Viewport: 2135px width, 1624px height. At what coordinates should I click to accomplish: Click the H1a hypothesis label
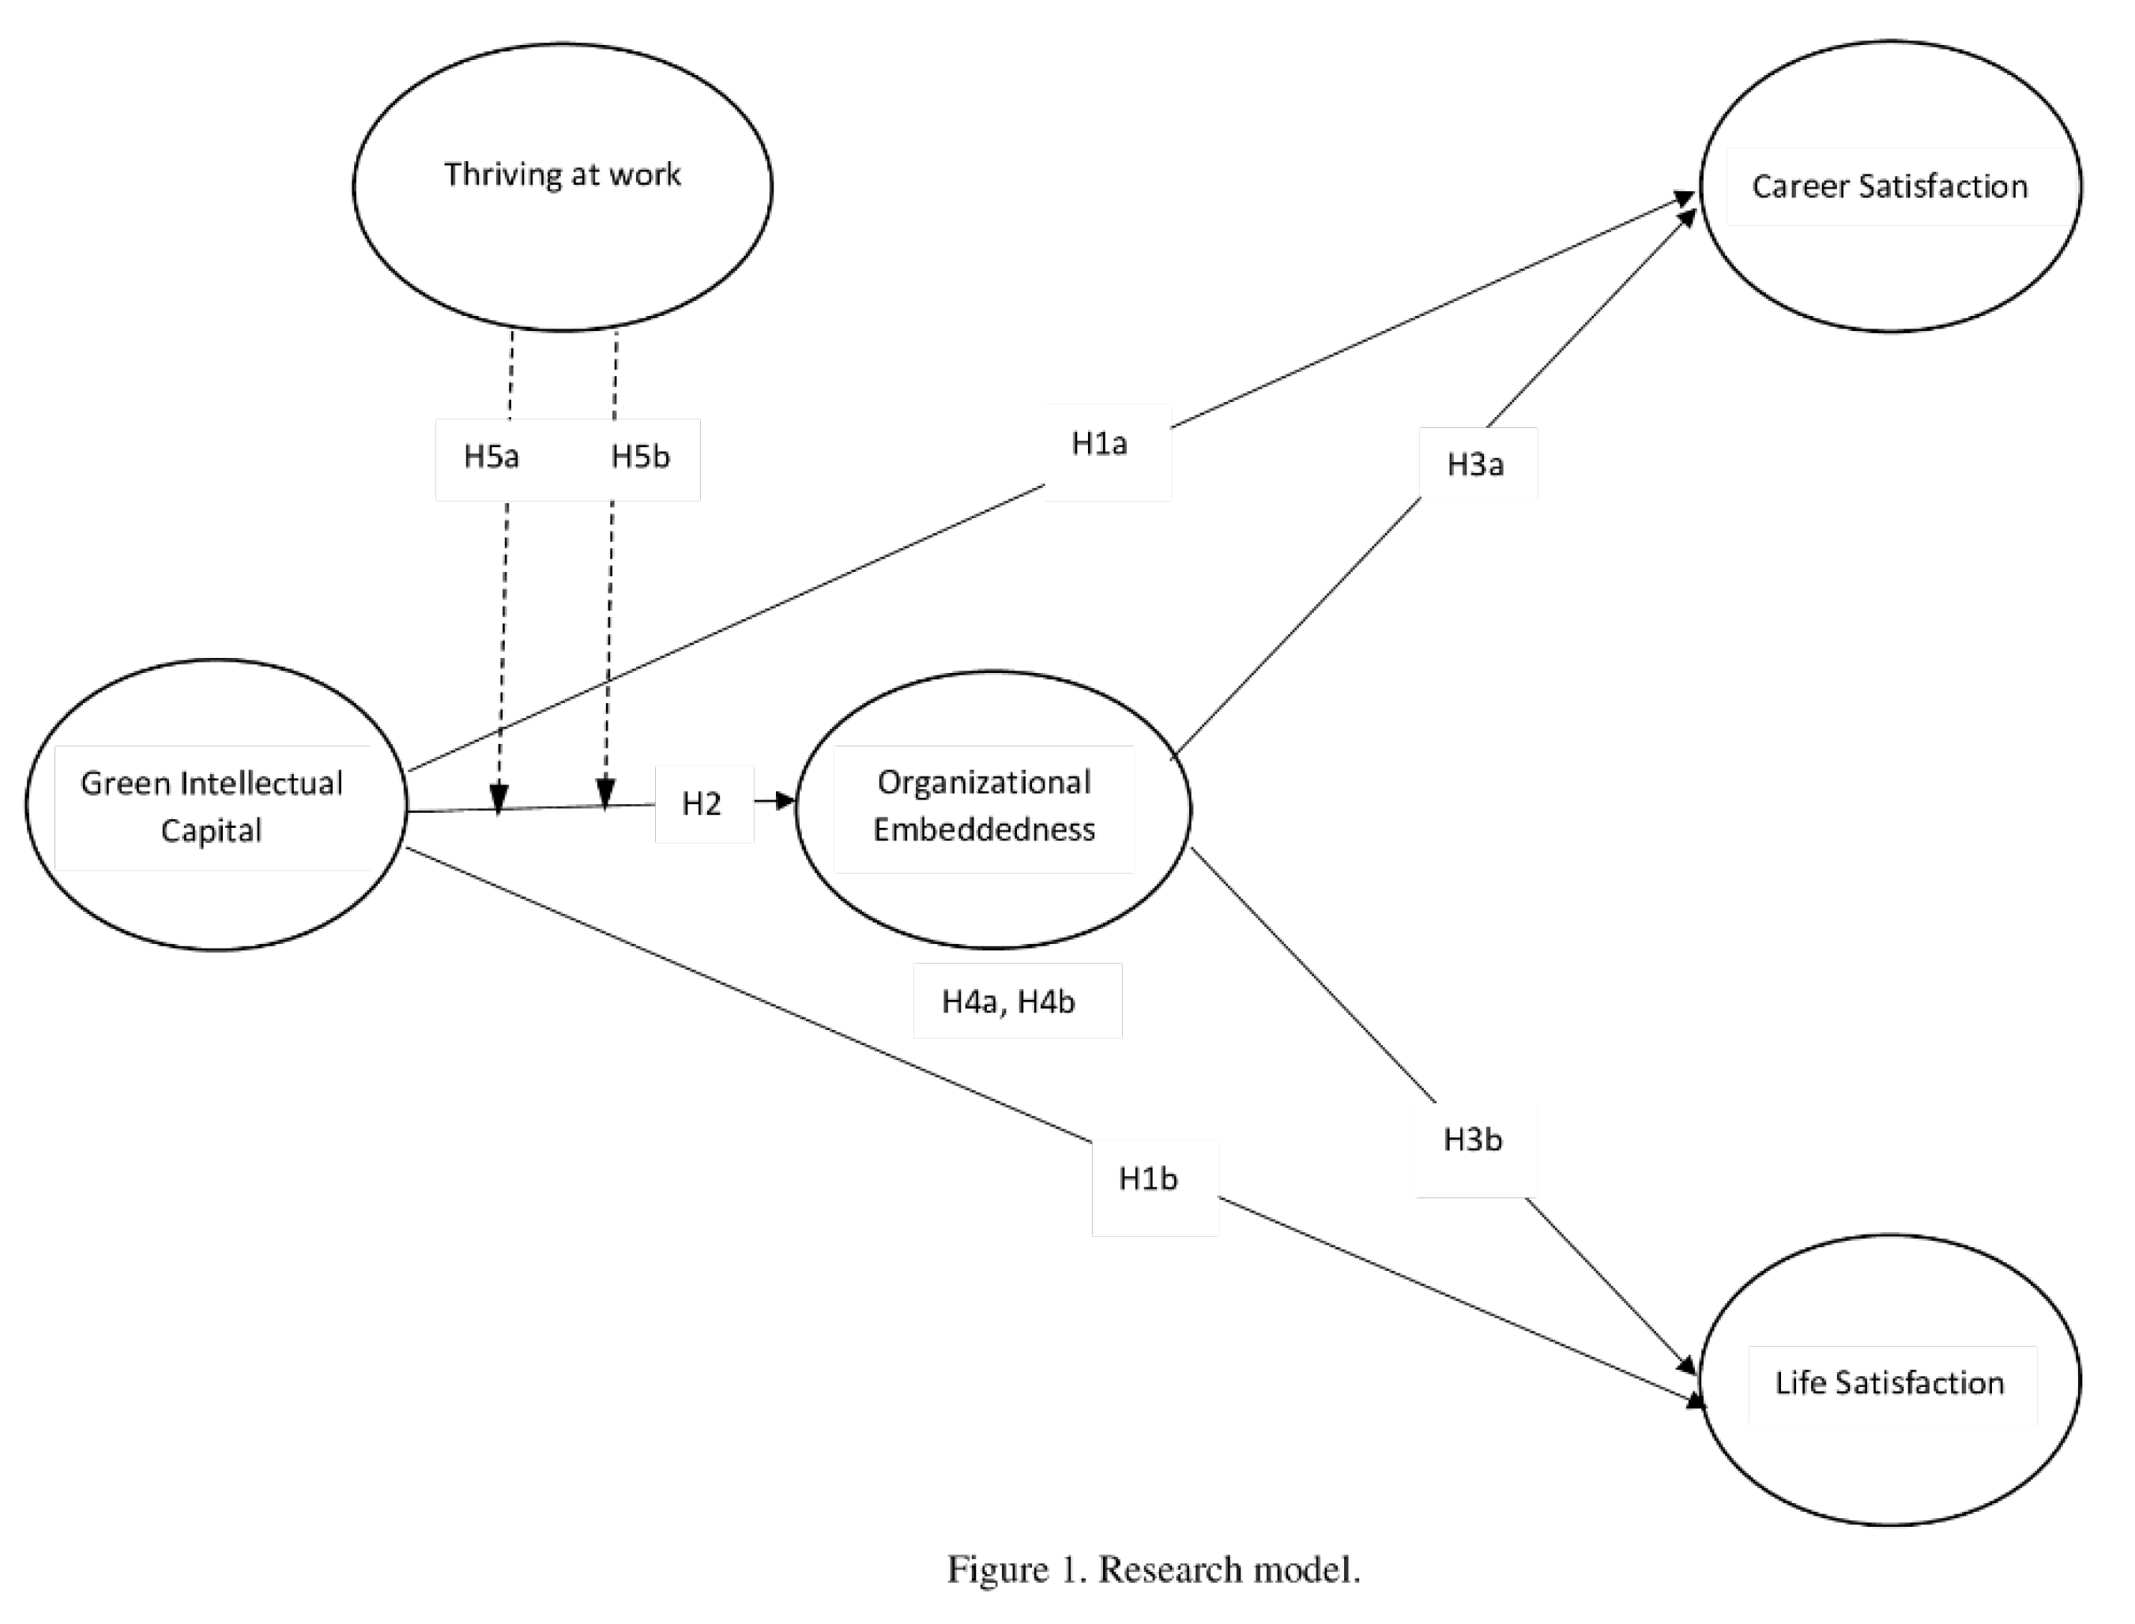point(1099,444)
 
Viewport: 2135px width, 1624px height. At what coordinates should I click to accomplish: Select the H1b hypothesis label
point(1148,1179)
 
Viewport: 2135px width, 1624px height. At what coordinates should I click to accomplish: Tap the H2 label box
point(702,804)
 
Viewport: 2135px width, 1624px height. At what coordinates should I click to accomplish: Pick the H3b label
point(1473,1141)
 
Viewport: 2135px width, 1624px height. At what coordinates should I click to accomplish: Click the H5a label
point(491,457)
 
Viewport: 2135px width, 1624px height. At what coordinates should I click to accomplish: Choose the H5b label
point(640,457)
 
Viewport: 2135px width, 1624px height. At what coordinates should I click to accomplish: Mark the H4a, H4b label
point(1008,1002)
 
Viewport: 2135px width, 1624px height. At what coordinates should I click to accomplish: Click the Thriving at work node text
point(563,175)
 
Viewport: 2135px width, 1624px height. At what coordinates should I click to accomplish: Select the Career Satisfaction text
point(1889,186)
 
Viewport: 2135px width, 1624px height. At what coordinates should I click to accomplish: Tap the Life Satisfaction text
point(1889,1383)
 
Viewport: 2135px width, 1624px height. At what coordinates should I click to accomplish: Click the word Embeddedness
point(985,829)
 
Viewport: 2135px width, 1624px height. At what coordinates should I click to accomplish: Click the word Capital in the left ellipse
point(211,831)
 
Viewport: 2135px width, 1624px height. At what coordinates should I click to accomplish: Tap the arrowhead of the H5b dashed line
point(605,795)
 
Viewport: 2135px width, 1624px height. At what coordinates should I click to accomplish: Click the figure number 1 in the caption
point(1068,1569)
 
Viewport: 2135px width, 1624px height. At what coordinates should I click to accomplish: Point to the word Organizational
point(985,782)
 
